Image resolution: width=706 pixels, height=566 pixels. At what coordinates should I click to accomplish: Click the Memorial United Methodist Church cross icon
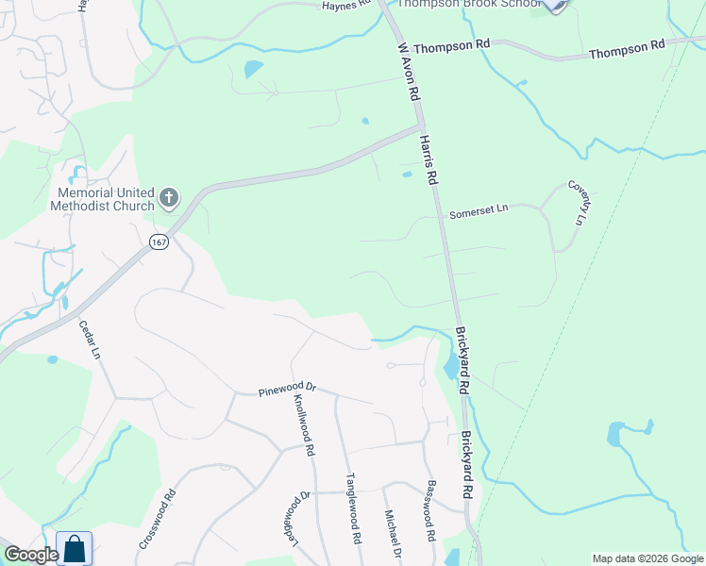click(169, 198)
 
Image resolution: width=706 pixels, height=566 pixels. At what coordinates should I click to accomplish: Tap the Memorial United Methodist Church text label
click(101, 198)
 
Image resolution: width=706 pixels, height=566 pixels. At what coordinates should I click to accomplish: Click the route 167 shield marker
click(159, 242)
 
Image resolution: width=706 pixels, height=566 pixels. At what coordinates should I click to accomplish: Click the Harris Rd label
click(429, 158)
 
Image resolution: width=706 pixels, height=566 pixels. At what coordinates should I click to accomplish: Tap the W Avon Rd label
click(408, 72)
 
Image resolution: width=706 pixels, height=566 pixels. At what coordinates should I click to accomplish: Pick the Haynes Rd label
click(350, 6)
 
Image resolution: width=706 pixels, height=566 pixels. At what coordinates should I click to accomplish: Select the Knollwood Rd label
click(304, 425)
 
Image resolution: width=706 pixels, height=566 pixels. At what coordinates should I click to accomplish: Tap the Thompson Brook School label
click(468, 4)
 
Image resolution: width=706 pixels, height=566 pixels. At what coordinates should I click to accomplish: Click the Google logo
click(30, 555)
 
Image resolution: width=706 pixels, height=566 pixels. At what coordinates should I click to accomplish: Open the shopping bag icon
click(75, 549)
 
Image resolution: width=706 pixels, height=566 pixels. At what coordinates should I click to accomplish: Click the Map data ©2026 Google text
click(647, 558)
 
